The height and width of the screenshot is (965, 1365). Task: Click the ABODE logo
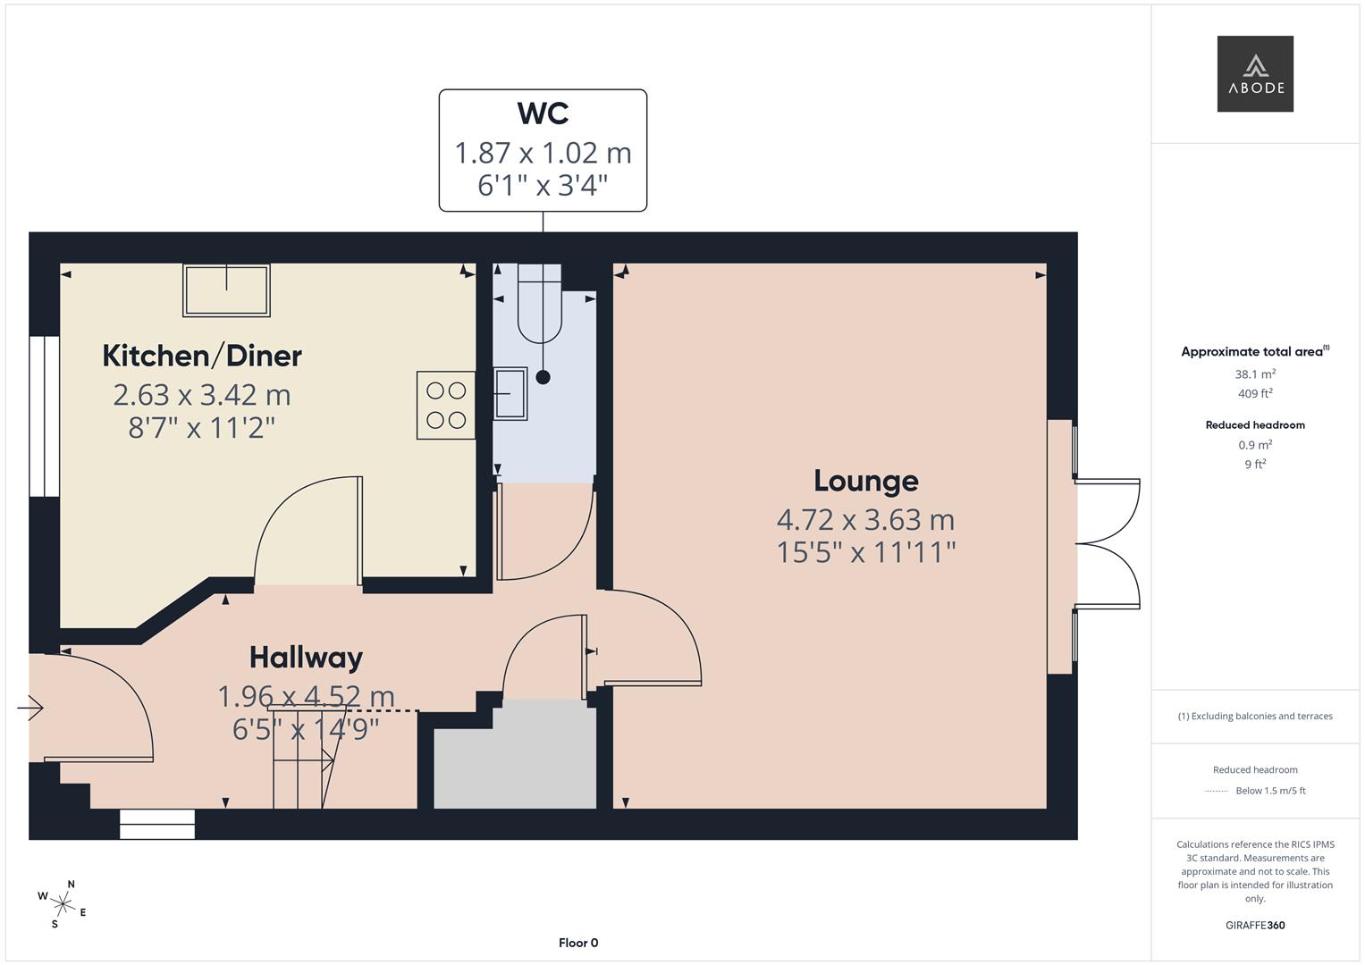pos(1255,73)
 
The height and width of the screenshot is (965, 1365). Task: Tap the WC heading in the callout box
pos(543,113)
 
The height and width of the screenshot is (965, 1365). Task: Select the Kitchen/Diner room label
pos(202,356)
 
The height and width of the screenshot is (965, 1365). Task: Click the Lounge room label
pos(866,482)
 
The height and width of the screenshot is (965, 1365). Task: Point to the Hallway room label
pos(306,658)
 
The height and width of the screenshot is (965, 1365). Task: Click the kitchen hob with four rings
pos(446,405)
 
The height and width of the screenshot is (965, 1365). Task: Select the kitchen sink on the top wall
pos(226,290)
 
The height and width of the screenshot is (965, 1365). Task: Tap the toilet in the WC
pos(539,304)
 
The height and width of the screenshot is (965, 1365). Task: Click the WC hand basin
pos(510,393)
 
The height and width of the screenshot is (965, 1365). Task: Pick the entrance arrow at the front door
pos(29,708)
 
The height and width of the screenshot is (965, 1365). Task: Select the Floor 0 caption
pos(578,943)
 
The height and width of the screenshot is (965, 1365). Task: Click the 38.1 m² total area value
pos(1255,374)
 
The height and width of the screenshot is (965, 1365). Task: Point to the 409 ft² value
pos(1255,393)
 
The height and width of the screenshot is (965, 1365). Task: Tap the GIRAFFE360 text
pos(1255,926)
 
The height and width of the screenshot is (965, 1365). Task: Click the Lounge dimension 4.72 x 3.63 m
pos(865,520)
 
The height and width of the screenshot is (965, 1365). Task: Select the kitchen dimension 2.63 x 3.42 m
pos(202,395)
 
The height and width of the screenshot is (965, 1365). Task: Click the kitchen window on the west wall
pos(45,416)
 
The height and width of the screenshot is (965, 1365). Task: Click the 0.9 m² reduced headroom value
pos(1255,445)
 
